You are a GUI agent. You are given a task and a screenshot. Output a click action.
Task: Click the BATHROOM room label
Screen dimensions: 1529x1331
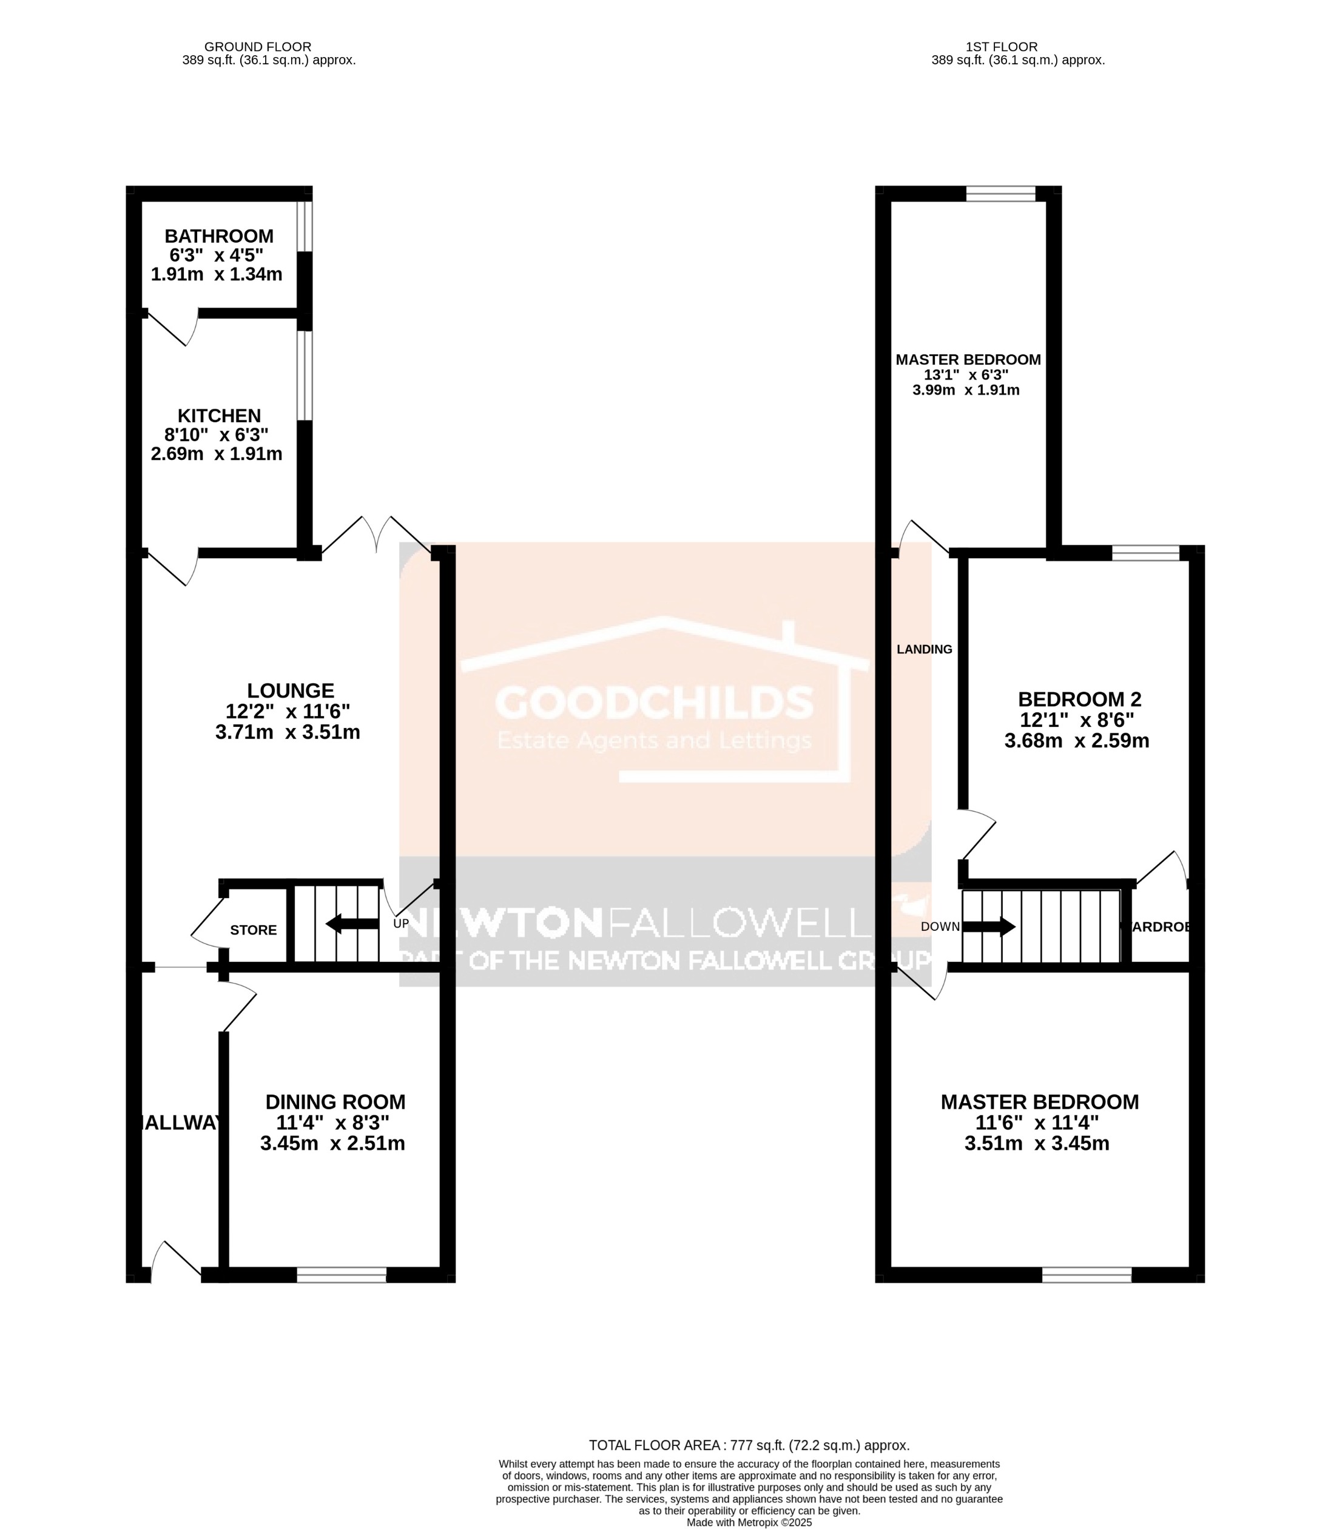click(218, 236)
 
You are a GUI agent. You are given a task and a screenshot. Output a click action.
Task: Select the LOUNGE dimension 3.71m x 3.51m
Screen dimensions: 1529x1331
click(288, 732)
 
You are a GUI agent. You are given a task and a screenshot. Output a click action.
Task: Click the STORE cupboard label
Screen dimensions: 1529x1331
click(253, 930)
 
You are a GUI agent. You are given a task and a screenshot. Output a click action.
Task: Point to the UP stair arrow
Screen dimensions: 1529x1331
click(352, 923)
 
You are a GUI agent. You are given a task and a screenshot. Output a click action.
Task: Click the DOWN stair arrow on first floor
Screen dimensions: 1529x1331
click(989, 927)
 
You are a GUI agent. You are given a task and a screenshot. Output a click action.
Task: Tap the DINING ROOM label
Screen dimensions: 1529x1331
click(335, 1102)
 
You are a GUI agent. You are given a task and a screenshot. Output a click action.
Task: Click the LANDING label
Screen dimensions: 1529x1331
click(924, 649)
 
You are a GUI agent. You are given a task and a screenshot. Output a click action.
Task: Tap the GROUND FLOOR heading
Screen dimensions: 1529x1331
click(258, 47)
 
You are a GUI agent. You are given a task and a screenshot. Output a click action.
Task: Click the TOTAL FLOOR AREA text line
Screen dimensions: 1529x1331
click(749, 1445)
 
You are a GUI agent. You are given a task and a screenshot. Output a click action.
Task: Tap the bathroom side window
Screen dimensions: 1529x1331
click(305, 225)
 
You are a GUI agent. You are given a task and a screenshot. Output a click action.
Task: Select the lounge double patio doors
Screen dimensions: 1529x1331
click(377, 535)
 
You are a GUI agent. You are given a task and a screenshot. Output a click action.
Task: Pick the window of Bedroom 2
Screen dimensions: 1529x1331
click(1145, 553)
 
